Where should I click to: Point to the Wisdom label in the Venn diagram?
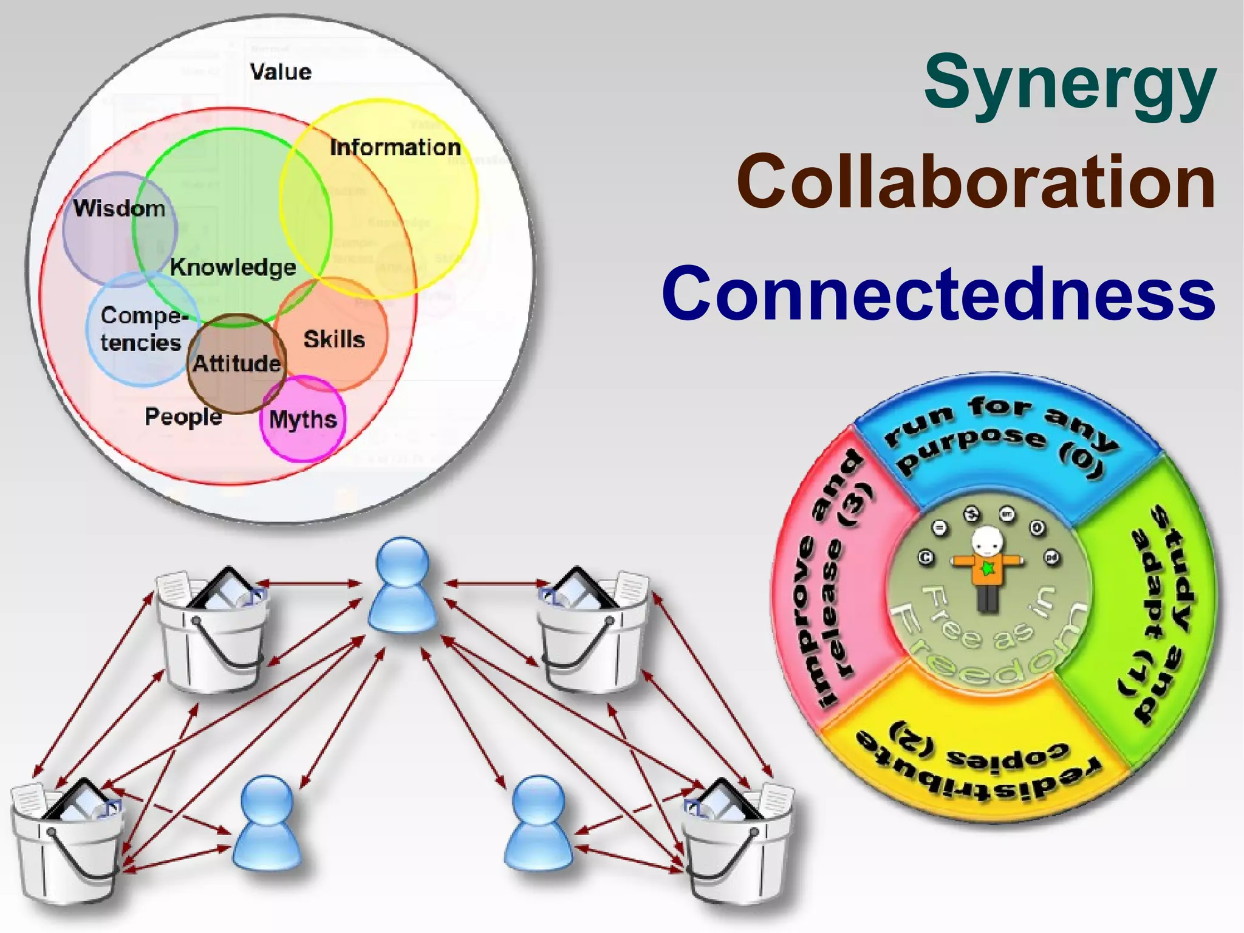point(119,208)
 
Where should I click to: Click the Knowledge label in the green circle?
point(233,267)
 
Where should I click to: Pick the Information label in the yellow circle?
point(395,147)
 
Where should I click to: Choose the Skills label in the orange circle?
point(334,339)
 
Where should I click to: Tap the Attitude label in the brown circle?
point(237,363)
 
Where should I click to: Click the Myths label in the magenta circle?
point(302,419)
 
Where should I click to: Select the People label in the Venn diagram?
point(183,417)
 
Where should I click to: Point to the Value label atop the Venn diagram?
point(281,72)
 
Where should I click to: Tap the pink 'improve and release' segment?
point(835,577)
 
